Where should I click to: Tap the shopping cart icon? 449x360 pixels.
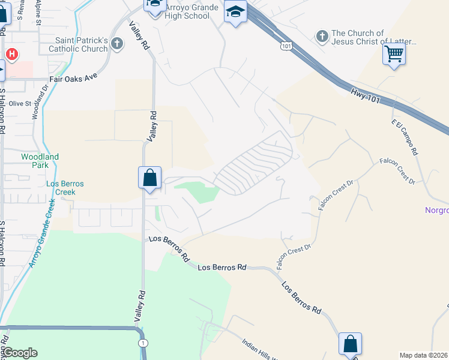point(394,55)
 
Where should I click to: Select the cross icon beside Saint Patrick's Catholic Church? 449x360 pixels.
point(116,44)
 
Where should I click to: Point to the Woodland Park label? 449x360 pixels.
point(40,161)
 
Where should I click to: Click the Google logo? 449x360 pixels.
point(19,353)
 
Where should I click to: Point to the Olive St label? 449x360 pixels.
point(20,104)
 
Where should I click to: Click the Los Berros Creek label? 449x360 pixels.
point(65,188)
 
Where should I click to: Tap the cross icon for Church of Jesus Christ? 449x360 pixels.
point(322,37)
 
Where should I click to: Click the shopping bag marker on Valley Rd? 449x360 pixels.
point(149,178)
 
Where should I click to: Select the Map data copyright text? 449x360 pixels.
point(424,355)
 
